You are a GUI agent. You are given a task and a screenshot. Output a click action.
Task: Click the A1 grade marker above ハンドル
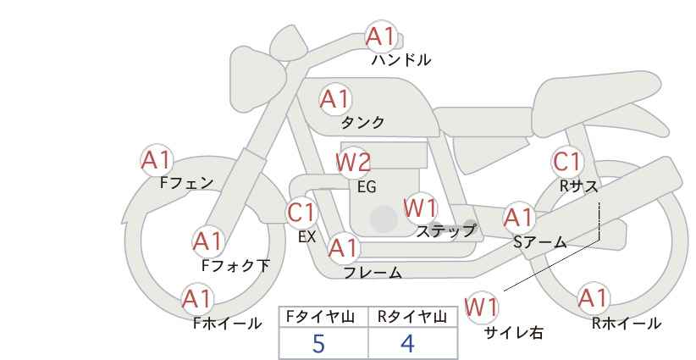coord(381,36)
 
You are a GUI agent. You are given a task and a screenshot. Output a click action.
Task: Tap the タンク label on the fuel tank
coord(362,122)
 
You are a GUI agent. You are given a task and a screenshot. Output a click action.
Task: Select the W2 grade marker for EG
coord(353,163)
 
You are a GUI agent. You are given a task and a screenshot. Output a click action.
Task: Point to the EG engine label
coord(367,187)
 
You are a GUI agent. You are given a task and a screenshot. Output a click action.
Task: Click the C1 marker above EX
coord(301,212)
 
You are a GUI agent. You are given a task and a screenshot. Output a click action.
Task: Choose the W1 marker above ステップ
coord(420,208)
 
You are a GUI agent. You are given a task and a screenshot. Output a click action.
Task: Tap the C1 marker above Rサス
coord(566,162)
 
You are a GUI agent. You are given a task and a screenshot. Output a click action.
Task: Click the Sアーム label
coord(539,242)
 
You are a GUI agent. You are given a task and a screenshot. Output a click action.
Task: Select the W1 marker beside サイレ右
coord(481,307)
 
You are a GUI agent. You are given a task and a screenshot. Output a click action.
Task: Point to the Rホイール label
coord(627,324)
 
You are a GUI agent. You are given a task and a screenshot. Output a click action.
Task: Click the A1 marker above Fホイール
coord(196,299)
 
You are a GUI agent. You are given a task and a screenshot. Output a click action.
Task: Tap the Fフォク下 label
coord(235,265)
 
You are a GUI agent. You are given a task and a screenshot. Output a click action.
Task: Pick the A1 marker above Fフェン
coord(156,160)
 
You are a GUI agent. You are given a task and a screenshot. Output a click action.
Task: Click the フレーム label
coord(373,273)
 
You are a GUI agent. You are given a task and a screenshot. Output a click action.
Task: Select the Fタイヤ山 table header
coord(320,317)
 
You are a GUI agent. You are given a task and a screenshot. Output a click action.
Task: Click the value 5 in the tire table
coord(318,343)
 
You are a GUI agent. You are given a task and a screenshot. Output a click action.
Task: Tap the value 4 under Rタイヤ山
coord(407,343)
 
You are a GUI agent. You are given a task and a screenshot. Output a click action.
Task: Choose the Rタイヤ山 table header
coord(412,317)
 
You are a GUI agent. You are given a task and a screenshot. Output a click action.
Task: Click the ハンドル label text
coord(401,60)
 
